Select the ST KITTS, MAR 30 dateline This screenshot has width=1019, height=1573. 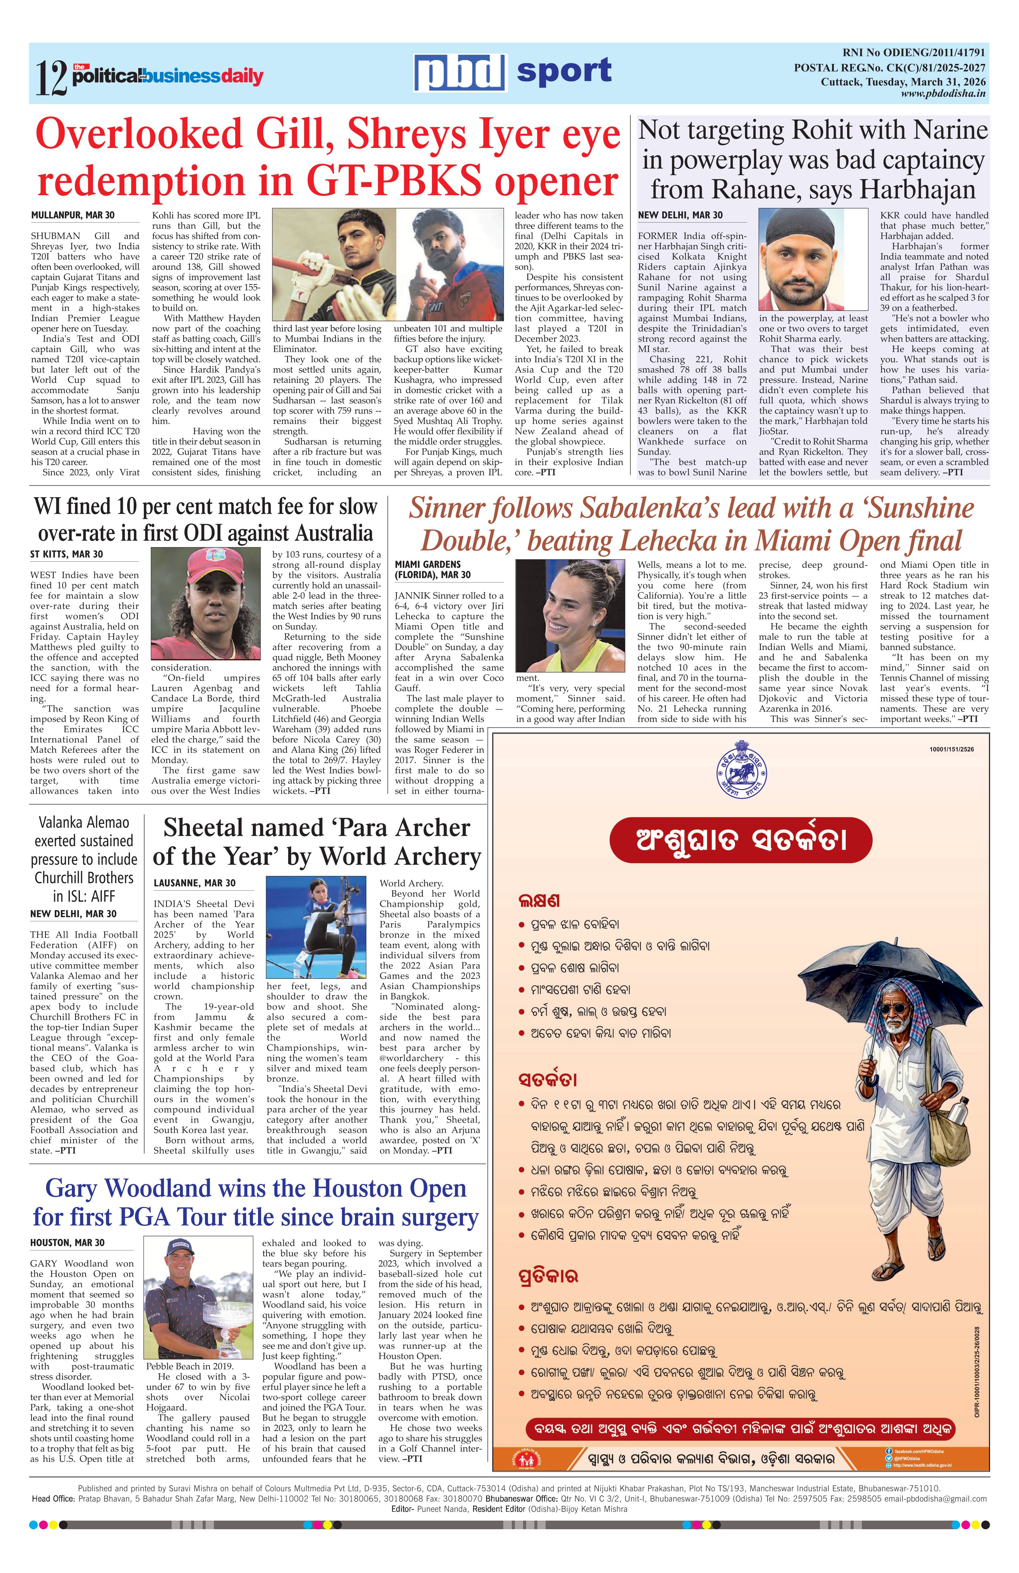(x=67, y=554)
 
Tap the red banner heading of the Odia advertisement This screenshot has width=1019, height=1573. (x=740, y=840)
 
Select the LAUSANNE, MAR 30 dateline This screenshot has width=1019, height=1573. (x=194, y=883)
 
